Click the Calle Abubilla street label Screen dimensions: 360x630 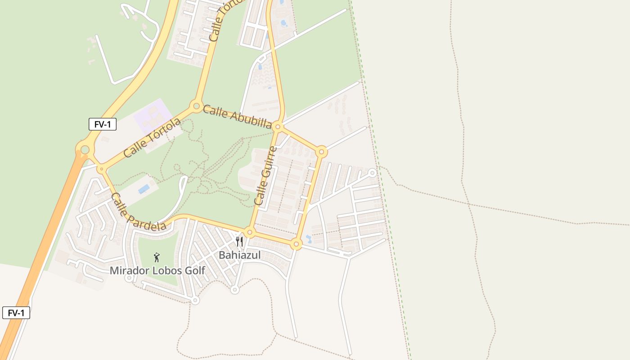pyautogui.click(x=237, y=117)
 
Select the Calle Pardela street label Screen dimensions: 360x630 pyautogui.click(x=138, y=211)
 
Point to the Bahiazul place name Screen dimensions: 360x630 pyautogui.click(x=239, y=255)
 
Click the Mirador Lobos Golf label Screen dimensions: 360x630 pyautogui.click(x=157, y=270)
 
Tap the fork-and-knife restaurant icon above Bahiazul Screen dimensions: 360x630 pyautogui.click(x=239, y=242)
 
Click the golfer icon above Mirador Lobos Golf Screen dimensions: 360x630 pyautogui.click(x=157, y=257)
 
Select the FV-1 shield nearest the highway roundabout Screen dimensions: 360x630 pyautogui.click(x=103, y=124)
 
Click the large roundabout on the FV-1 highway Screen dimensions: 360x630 pyautogui.click(x=85, y=149)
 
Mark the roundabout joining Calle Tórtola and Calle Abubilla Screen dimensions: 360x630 pyautogui.click(x=196, y=107)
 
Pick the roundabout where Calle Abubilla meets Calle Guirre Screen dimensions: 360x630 pyautogui.click(x=278, y=127)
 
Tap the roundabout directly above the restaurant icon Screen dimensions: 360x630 pyautogui.click(x=250, y=232)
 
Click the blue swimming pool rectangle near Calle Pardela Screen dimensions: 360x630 pyautogui.click(x=144, y=189)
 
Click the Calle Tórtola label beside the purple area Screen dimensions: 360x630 pyautogui.click(x=152, y=137)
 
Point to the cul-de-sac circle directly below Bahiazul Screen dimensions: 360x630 pyautogui.click(x=234, y=290)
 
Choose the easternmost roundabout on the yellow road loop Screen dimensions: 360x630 pyautogui.click(x=321, y=152)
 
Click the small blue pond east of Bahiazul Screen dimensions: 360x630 pyautogui.click(x=308, y=238)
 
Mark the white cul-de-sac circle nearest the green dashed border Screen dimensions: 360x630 pyautogui.click(x=372, y=173)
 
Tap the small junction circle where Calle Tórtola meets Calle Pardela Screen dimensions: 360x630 pyautogui.click(x=102, y=169)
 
